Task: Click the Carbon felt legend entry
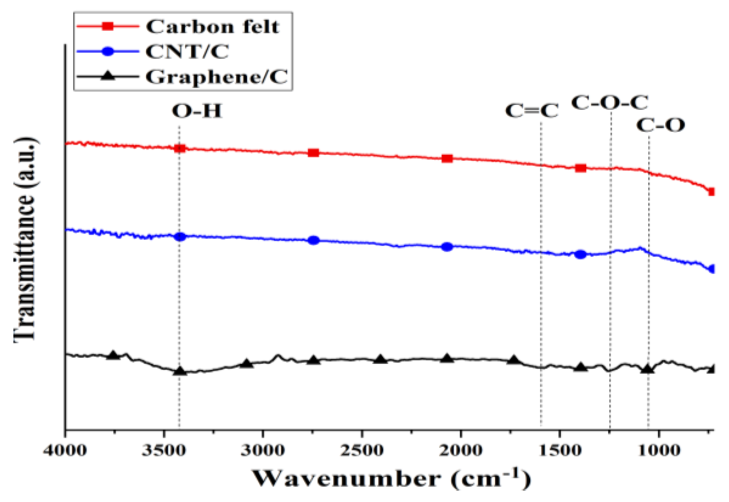point(212,27)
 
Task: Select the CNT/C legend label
point(187,51)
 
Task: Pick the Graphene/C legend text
point(216,77)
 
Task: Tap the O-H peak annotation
point(197,111)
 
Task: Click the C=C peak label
point(532,111)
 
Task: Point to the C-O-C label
point(609,103)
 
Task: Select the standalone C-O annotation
point(661,125)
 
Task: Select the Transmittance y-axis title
point(25,239)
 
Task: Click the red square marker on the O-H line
point(180,148)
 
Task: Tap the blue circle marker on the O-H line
point(180,237)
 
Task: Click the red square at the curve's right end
point(711,192)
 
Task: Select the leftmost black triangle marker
point(113,355)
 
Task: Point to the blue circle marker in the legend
point(107,51)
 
